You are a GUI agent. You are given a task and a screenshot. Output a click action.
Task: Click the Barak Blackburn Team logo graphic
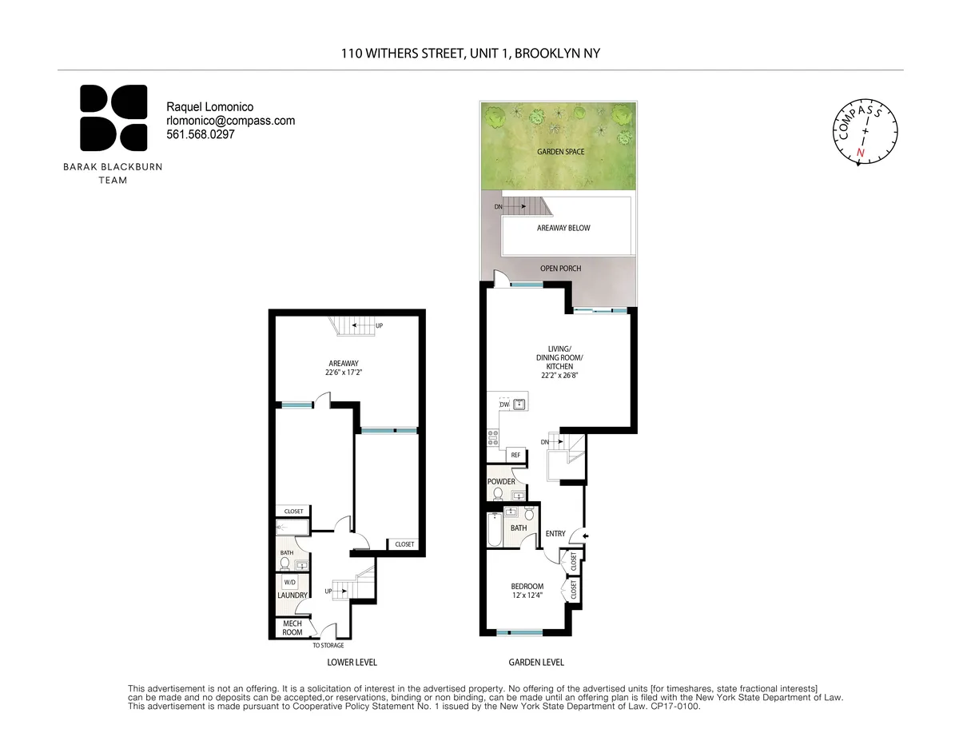(x=113, y=118)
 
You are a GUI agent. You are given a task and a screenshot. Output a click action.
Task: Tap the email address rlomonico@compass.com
(x=230, y=121)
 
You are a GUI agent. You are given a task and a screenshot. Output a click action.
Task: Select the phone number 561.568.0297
(x=200, y=134)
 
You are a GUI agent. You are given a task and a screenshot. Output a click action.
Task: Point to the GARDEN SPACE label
(x=560, y=151)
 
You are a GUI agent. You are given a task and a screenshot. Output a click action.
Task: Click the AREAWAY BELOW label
(x=563, y=228)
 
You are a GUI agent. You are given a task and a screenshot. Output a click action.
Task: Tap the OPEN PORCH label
(x=560, y=269)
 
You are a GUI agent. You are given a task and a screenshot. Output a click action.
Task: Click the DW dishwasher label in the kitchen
(x=503, y=405)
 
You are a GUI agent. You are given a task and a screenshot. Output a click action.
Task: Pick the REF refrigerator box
(x=515, y=455)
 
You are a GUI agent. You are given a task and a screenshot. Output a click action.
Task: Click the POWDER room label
(x=501, y=481)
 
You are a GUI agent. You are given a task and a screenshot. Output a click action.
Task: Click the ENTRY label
(x=555, y=534)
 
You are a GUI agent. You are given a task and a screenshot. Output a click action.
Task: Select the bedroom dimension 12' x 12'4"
(x=527, y=595)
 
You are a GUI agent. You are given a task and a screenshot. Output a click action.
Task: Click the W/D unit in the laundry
(x=289, y=583)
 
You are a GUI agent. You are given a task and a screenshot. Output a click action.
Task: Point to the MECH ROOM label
(x=292, y=627)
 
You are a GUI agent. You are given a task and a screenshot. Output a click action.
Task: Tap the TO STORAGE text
(x=328, y=645)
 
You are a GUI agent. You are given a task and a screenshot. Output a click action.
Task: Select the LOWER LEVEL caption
(x=352, y=663)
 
